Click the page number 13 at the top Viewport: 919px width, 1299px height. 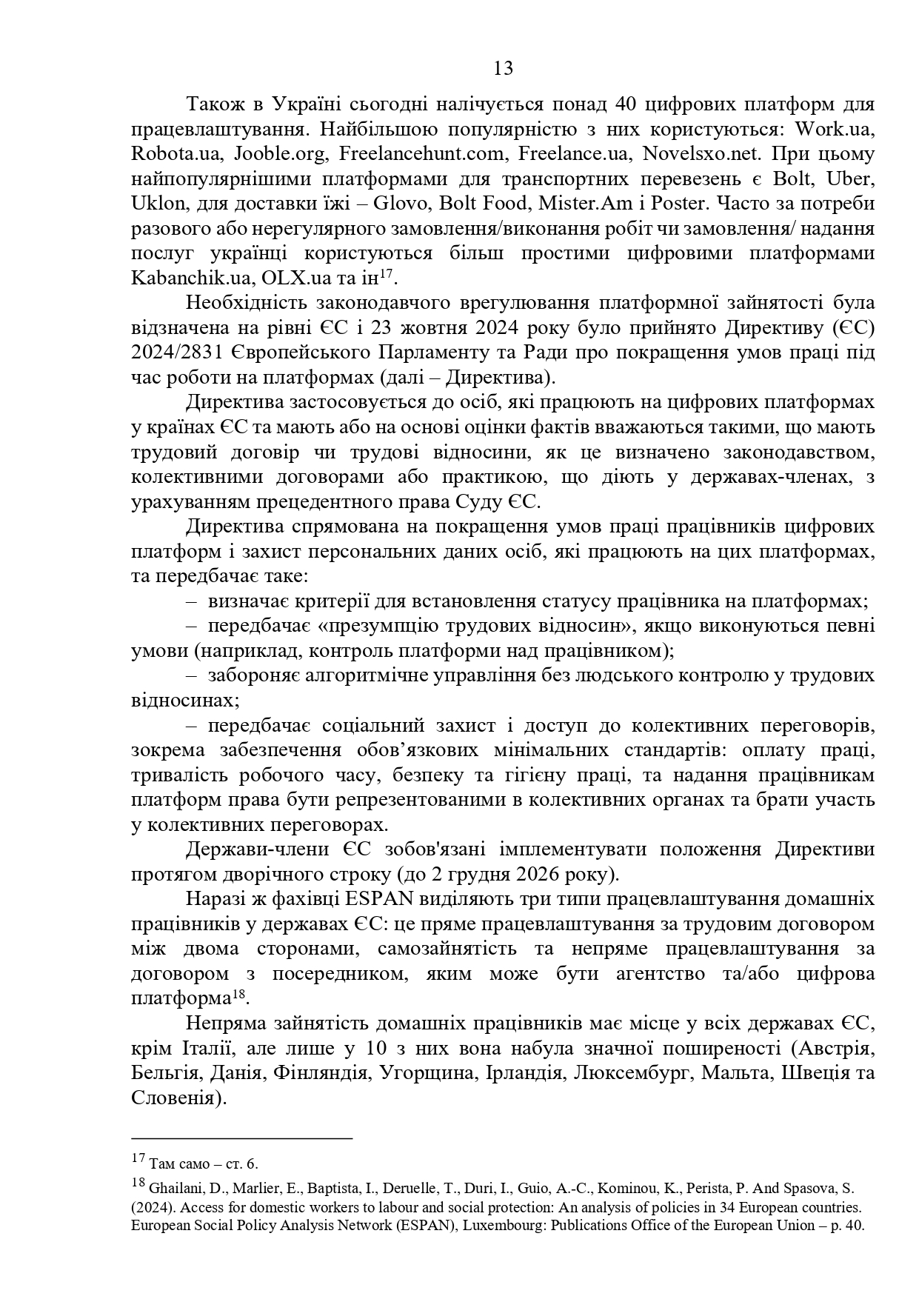tap(503, 69)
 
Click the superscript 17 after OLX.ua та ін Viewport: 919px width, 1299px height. tap(385, 273)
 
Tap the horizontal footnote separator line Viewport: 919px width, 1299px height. tap(241, 1138)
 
